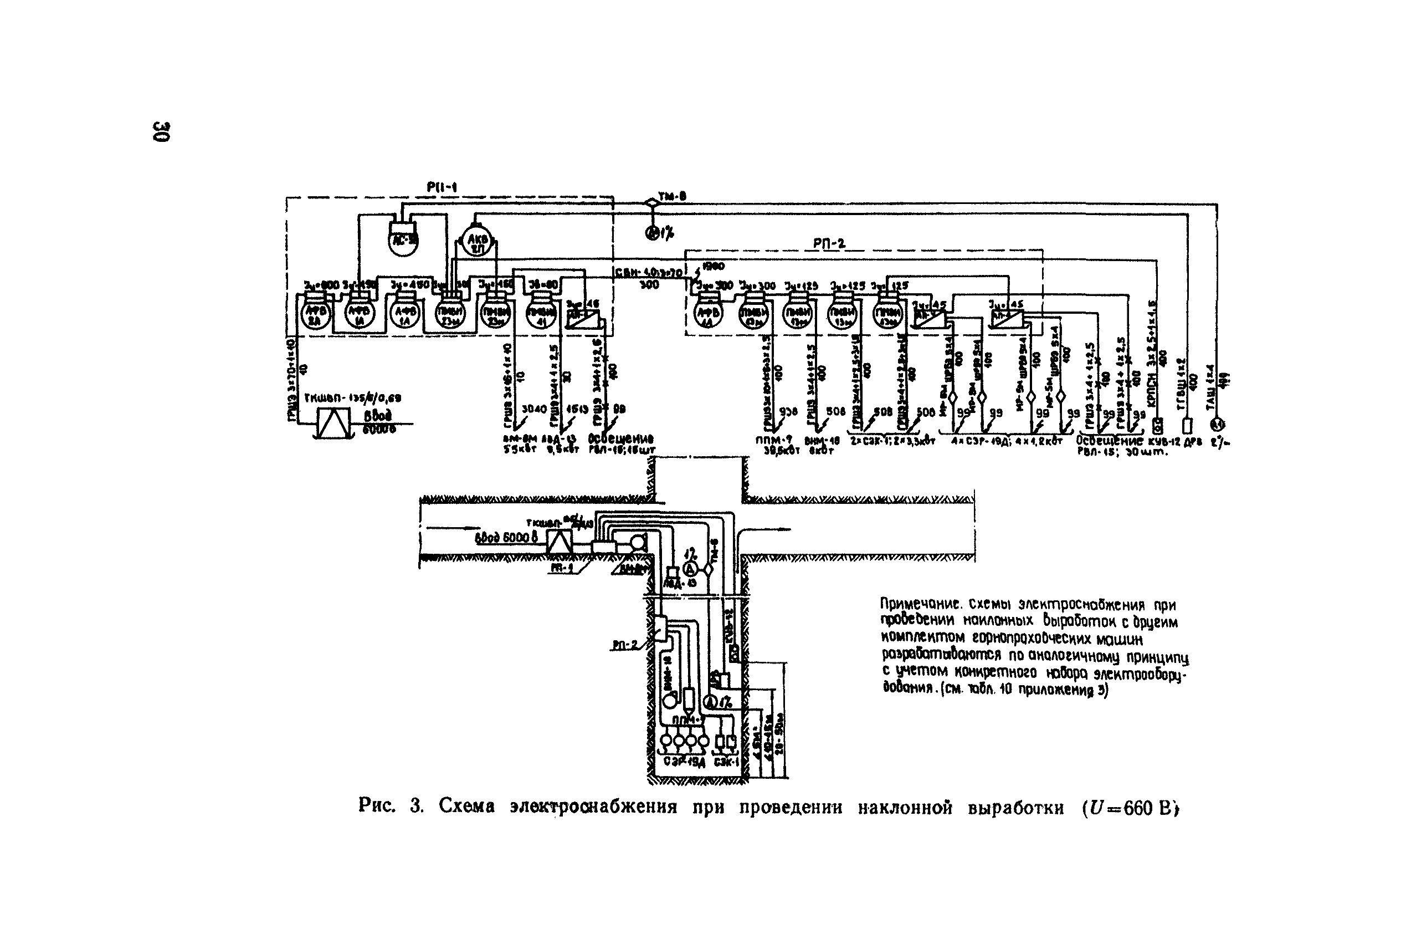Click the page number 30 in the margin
(x=162, y=131)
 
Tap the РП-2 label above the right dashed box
(x=829, y=243)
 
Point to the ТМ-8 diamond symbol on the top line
(x=651, y=202)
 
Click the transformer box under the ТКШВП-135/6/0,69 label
(x=333, y=422)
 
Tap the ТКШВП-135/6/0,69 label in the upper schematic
(x=352, y=398)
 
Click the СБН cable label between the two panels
(x=648, y=273)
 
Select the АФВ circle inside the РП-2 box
(x=706, y=315)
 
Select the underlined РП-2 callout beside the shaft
(x=625, y=645)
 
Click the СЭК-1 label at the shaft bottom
(x=726, y=762)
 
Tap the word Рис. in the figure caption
(x=376, y=807)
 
